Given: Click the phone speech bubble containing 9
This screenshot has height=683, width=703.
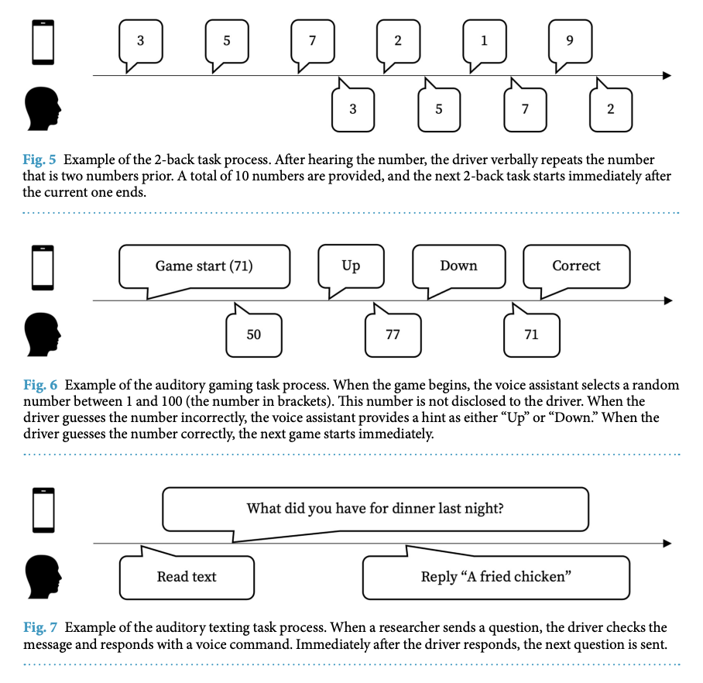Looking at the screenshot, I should click(570, 41).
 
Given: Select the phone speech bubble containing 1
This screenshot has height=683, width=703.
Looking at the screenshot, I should click(484, 41).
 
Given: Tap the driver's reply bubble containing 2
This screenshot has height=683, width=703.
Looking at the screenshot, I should click(610, 109).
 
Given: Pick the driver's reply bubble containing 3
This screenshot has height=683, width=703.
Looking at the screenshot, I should click(353, 109).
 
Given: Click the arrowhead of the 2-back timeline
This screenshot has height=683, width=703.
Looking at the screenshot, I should click(666, 76).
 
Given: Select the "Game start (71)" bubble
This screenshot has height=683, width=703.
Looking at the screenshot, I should click(204, 266).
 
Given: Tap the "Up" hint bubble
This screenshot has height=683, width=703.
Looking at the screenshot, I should click(351, 266).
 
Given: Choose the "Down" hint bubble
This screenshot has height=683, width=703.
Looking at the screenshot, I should click(458, 266).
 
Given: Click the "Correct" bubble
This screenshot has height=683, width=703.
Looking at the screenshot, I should click(576, 266).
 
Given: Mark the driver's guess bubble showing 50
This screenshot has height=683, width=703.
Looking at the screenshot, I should click(254, 335).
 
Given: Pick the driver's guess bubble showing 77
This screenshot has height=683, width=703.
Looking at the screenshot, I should click(393, 335).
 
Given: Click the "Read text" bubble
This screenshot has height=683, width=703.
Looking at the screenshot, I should click(187, 577).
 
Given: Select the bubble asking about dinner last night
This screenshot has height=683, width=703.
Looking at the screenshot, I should click(375, 509).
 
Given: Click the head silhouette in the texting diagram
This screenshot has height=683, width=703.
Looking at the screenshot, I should click(43, 577).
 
